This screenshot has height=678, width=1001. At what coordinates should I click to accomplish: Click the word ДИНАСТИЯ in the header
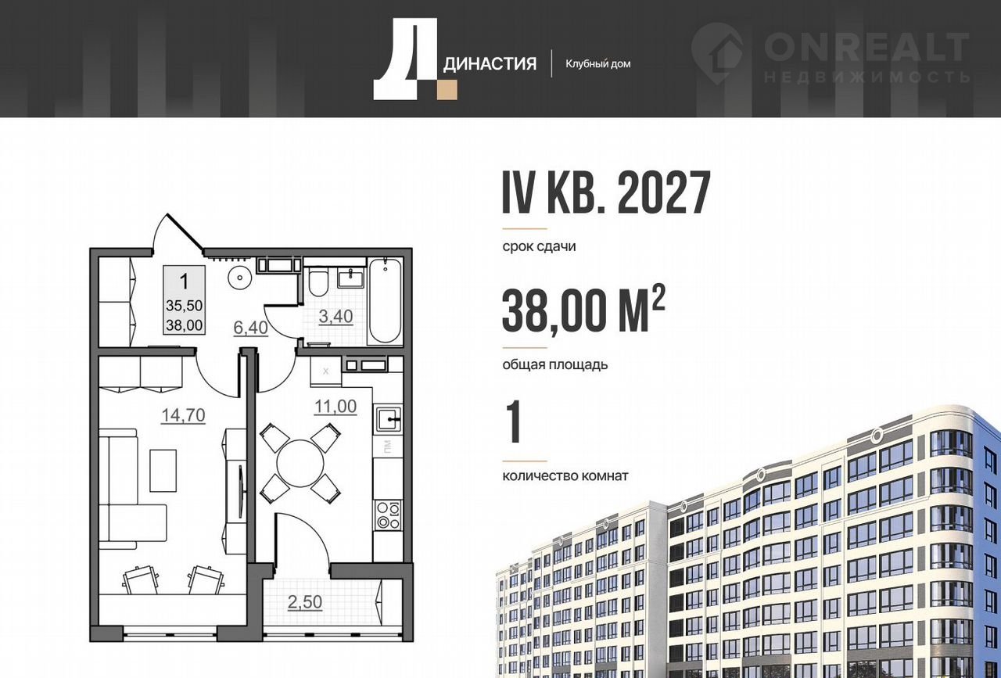point(490,63)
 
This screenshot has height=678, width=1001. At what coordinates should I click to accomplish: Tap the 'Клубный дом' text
point(598,64)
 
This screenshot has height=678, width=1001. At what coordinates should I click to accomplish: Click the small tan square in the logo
point(447,90)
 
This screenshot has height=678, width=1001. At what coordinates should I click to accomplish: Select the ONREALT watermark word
point(866,47)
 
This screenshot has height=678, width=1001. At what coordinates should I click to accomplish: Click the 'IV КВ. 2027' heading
point(606,192)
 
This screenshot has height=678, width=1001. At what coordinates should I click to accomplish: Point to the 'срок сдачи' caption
point(539,246)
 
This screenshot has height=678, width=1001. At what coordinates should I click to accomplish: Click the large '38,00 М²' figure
point(583,309)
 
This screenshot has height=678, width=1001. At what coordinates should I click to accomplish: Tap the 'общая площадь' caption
point(555,364)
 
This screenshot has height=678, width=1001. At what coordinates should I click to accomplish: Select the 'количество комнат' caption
point(565,476)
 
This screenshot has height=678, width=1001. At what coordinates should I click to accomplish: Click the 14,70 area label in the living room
point(183,415)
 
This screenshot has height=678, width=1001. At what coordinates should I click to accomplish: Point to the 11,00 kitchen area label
point(335,407)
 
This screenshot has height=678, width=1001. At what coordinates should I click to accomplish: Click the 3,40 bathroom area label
point(335,317)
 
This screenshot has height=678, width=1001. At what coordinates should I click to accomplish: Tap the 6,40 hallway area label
point(251,328)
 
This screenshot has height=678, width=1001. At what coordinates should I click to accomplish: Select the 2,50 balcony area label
point(305,602)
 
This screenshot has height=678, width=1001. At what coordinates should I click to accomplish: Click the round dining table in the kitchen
point(300,464)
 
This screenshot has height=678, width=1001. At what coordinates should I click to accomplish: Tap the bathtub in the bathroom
point(385,301)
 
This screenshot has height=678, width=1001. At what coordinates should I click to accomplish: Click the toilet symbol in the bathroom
point(318,282)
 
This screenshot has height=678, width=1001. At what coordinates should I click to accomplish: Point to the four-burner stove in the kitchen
point(388,516)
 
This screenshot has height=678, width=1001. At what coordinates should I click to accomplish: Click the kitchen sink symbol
point(389,420)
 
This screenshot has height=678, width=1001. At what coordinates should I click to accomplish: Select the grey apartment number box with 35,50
point(184,300)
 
